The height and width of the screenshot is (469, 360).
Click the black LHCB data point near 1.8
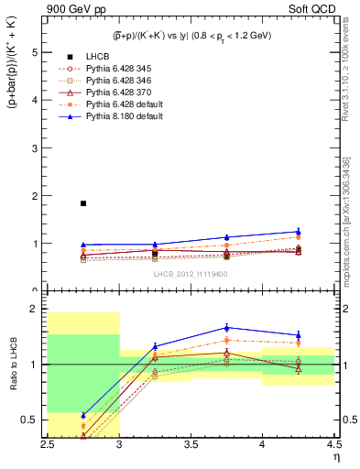83,203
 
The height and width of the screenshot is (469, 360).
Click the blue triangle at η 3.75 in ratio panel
226,327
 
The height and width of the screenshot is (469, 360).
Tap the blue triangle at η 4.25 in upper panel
298,232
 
